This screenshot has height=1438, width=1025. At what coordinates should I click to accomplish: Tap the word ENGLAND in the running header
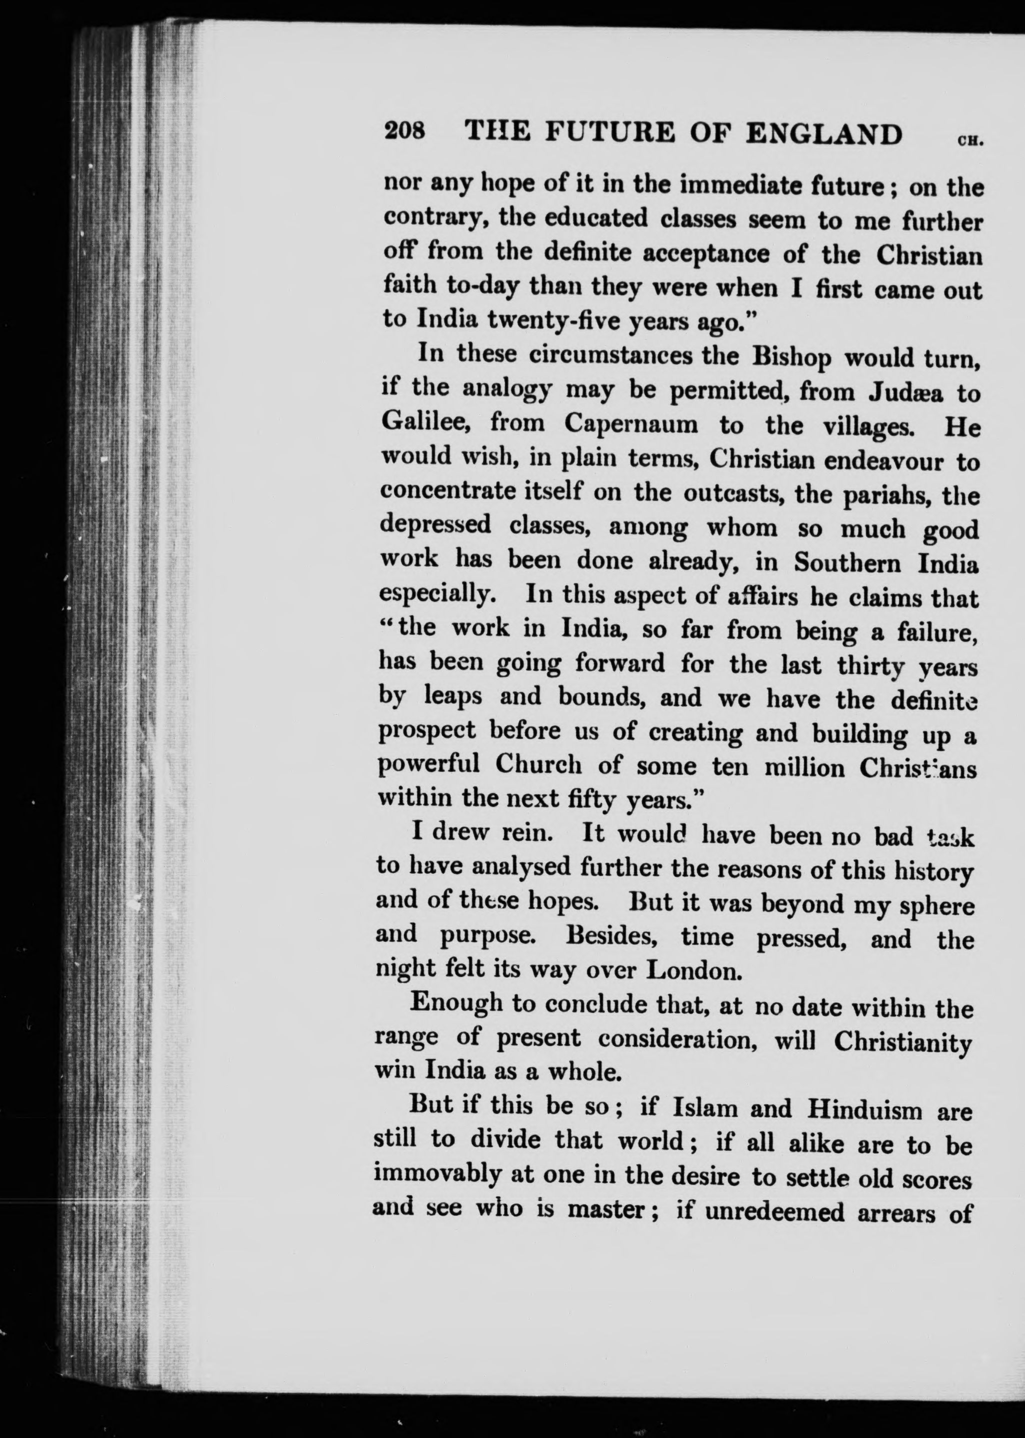coord(824,135)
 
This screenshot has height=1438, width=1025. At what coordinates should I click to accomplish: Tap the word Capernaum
coord(631,425)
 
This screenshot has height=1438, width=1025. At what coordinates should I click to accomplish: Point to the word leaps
coord(453,696)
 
